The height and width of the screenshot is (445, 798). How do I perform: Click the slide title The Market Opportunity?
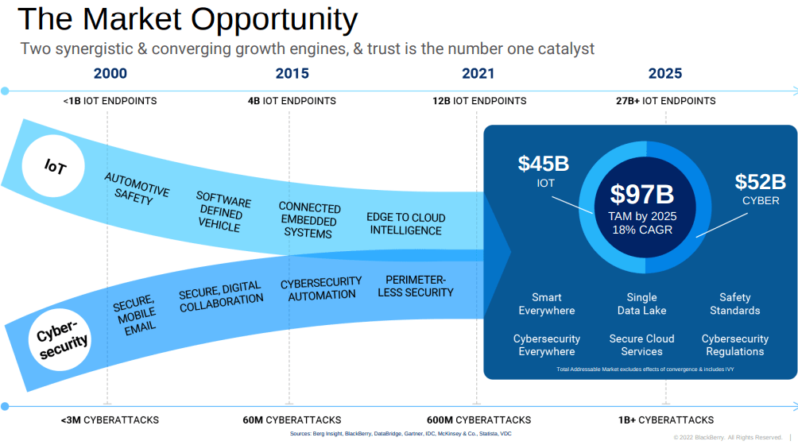[x=188, y=18]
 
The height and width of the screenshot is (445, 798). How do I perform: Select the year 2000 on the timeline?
[x=110, y=74]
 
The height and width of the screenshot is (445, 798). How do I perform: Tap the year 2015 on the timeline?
[x=292, y=74]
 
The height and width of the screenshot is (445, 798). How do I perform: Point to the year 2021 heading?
[x=478, y=74]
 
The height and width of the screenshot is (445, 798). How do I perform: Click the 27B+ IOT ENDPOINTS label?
[x=665, y=101]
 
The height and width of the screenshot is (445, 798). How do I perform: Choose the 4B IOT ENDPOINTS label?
[x=292, y=101]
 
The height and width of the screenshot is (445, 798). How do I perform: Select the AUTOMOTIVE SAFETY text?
[x=136, y=189]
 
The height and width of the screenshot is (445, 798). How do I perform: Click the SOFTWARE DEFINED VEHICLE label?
[x=222, y=211]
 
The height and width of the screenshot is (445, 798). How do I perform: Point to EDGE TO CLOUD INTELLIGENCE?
[x=405, y=224]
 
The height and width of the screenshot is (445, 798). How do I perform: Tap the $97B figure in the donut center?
[x=642, y=195]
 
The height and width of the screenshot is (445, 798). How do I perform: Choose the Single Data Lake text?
[x=641, y=304]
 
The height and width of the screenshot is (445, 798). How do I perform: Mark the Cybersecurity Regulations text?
[x=734, y=345]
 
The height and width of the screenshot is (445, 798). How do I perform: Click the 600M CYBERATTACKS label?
[x=478, y=420]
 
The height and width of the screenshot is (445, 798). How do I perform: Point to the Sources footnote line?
[x=401, y=434]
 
